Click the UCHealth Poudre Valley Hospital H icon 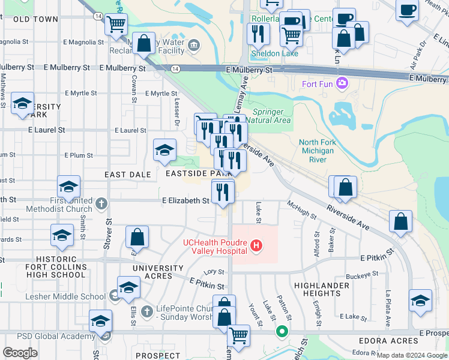pyautogui.click(x=257, y=245)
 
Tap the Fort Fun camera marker pyautogui.click(x=342, y=83)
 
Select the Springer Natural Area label pyautogui.click(x=272, y=116)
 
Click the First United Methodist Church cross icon pyautogui.click(x=101, y=203)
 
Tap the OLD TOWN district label pyautogui.click(x=35, y=19)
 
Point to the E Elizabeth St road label pyautogui.click(x=185, y=200)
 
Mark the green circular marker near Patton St pyautogui.click(x=281, y=331)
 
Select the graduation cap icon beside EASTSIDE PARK pyautogui.click(x=164, y=151)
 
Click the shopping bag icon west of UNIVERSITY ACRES pyautogui.click(x=137, y=237)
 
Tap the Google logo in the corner pyautogui.click(x=20, y=353)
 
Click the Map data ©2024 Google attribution pyautogui.click(x=411, y=355)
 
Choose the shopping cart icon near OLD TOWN pyautogui.click(x=116, y=25)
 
